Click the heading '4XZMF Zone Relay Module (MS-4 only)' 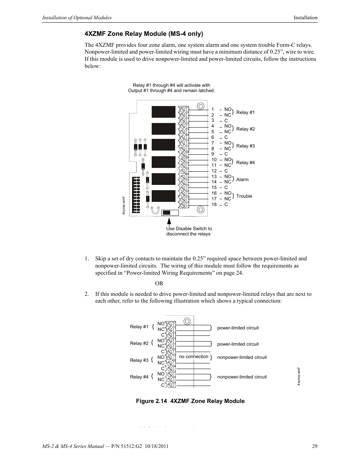tap(144, 34)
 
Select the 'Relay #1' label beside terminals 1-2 tap(245, 112)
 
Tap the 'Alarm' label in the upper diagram tap(242, 180)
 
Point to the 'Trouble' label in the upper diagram tap(244, 196)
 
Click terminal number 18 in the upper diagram tap(214, 205)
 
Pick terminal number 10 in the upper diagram tap(214, 160)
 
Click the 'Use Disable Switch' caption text tap(189, 231)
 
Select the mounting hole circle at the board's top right tap(201, 106)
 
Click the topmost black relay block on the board tap(163, 112)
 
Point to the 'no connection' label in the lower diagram tap(194, 357)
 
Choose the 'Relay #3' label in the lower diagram tap(139, 360)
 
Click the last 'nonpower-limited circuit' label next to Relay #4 tap(242, 377)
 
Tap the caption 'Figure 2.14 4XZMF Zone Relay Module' tap(190, 401)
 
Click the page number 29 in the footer tap(315, 446)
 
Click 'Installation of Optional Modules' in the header tap(77, 18)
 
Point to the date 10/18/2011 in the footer tap(154, 446)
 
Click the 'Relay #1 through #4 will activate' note tap(171, 88)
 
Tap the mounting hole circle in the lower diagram tap(187, 321)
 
